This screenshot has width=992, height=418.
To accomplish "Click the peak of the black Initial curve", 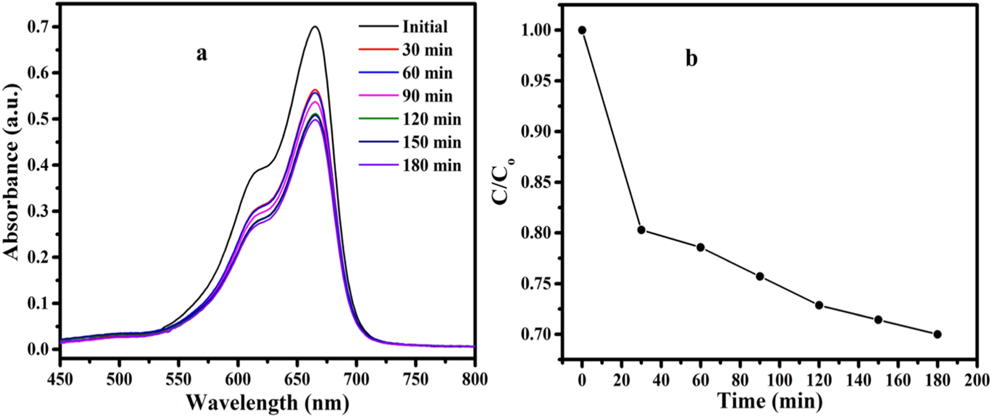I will pos(315,26).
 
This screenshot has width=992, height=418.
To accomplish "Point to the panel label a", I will pos(202,53).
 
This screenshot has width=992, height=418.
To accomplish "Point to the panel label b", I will pos(691,58).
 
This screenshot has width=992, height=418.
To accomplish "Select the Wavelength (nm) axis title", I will pos(267,403).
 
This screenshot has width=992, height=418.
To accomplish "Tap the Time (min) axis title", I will pos(769,401).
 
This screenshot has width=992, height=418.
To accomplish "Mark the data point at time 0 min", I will pos(582,30).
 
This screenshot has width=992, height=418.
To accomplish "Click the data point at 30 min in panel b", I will pos(642,230).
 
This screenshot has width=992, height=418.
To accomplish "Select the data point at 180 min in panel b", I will pos(937,334).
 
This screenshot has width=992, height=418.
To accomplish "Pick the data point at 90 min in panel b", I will pos(760,276).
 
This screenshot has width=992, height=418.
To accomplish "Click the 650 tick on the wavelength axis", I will pos(297,379).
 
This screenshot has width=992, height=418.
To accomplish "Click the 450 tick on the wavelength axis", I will pos(61,379).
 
